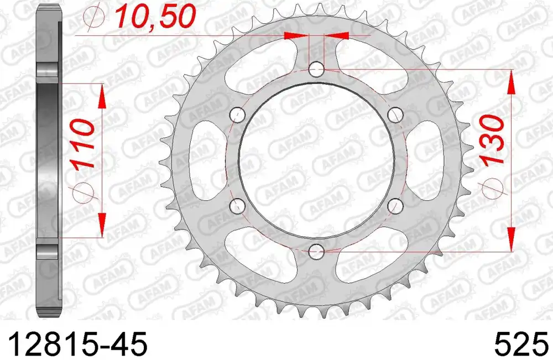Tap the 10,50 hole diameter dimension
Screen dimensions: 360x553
155,17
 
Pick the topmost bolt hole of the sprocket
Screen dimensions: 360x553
316,70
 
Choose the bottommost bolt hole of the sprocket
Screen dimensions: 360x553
316,252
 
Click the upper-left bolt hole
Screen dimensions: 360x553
238,115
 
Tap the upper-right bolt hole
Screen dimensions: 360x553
394,115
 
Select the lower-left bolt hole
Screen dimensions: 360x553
238,206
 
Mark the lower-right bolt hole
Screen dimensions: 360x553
394,206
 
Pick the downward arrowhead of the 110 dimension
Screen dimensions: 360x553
102,225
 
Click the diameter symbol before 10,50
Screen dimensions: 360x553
96,19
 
